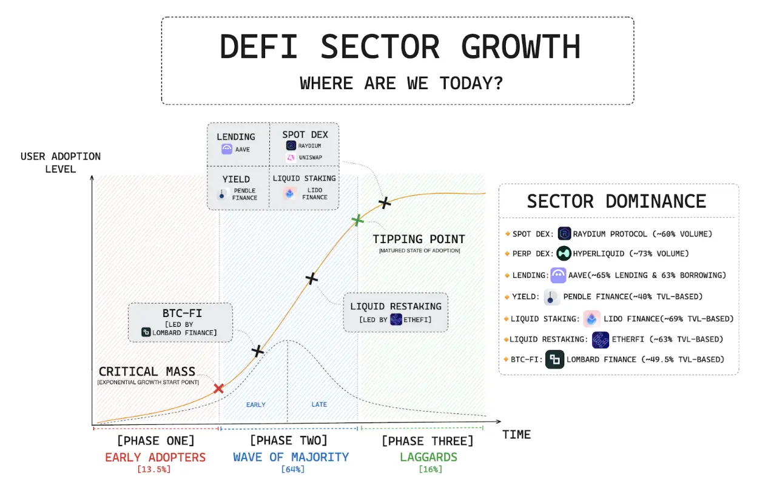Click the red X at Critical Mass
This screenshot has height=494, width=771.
pos(219,389)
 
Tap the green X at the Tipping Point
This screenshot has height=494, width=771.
pos(358,220)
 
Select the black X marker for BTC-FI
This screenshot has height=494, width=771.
pos(257,350)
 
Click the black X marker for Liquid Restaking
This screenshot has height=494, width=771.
pos(311,278)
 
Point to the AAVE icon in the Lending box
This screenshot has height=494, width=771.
pos(227,149)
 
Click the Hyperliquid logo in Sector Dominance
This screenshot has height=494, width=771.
pos(564,253)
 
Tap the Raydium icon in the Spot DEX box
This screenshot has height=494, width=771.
pos(291,145)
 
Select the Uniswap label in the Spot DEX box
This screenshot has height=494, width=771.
pos(309,158)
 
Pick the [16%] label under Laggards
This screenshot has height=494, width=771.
pos(429,469)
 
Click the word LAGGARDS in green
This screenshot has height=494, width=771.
pos(428,457)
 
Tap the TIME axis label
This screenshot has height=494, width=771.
pos(516,435)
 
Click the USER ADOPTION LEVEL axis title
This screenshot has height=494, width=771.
pos(61,162)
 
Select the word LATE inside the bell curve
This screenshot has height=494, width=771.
pos(319,404)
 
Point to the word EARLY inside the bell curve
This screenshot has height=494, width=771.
pos(255,404)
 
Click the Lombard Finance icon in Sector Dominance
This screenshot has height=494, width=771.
pos(554,359)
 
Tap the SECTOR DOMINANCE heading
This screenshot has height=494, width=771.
pos(616,201)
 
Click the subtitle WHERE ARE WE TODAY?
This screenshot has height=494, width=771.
pos(401,83)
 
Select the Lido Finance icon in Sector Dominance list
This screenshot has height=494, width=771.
pos(591,319)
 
